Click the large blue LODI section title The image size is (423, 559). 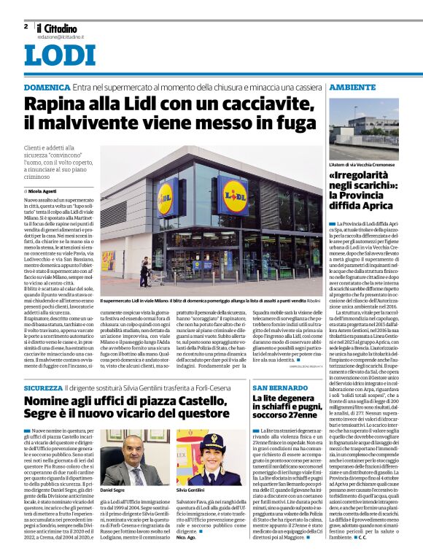click(x=59, y=55)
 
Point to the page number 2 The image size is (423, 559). click(x=26, y=26)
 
